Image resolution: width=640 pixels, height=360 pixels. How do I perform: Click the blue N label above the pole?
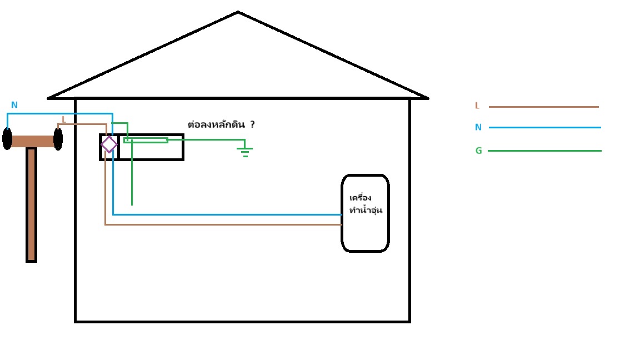[x=14, y=105]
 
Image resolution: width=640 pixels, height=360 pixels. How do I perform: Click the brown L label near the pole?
[x=63, y=119]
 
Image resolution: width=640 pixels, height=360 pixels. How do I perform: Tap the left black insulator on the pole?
[x=7, y=138]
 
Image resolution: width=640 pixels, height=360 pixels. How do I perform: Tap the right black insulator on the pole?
[x=58, y=139]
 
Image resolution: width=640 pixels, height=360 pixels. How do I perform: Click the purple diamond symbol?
[x=109, y=144]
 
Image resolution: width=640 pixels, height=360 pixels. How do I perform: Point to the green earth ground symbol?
[x=245, y=151]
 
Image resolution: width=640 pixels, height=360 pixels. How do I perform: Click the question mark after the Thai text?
[x=252, y=124]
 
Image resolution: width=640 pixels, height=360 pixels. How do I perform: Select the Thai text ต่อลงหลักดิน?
[x=216, y=124]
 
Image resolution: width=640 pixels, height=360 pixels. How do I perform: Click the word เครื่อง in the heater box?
[x=361, y=198]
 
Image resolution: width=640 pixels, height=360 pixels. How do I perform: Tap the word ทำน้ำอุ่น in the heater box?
[x=365, y=210]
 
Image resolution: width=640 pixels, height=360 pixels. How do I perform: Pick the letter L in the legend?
[x=477, y=106]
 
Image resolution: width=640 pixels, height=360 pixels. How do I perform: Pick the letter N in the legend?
[x=478, y=127]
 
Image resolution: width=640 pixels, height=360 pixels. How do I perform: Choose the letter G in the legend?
[x=478, y=151]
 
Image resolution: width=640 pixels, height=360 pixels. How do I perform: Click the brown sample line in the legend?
[x=543, y=107]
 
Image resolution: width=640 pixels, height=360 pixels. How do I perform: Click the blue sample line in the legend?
[x=544, y=127]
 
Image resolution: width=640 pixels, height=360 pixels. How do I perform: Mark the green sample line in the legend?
[x=544, y=151]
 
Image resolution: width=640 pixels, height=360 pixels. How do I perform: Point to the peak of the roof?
[x=238, y=12]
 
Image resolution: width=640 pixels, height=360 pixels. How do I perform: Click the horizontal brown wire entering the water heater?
[x=222, y=224]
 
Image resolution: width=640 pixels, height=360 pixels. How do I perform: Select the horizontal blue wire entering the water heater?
[x=228, y=214]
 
